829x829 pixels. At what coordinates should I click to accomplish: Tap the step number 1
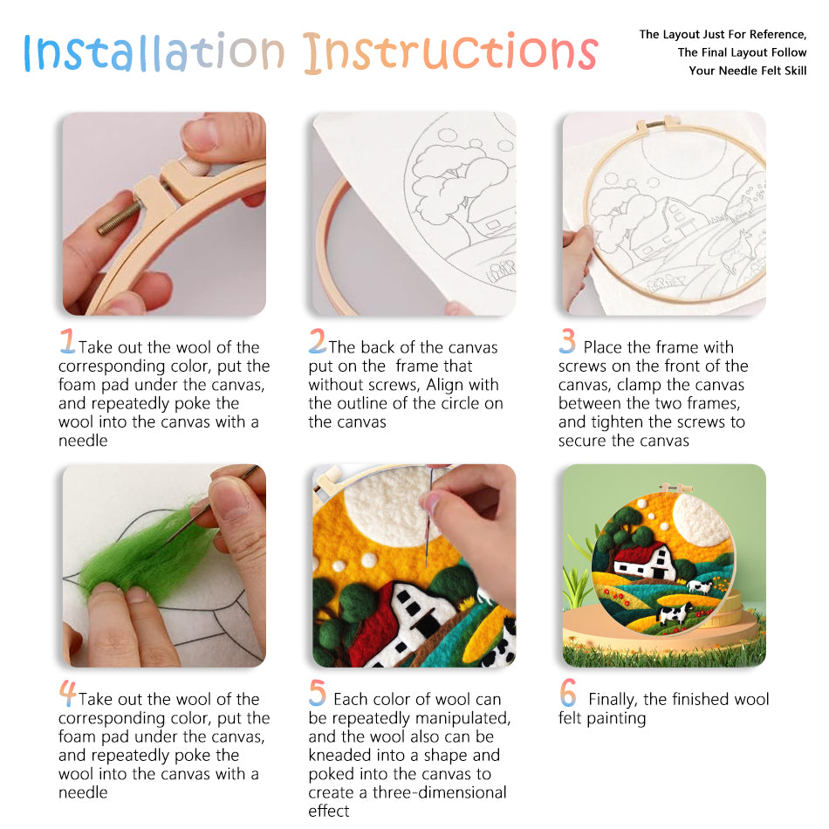67,340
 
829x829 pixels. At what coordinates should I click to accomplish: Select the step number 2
318,340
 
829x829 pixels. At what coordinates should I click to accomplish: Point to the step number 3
568,340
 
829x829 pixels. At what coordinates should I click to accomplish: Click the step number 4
67,693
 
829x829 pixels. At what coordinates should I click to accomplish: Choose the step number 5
318,693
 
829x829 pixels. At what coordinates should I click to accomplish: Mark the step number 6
568,693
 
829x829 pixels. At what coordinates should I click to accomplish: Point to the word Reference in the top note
774,35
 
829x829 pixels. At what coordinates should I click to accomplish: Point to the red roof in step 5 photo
375,624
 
